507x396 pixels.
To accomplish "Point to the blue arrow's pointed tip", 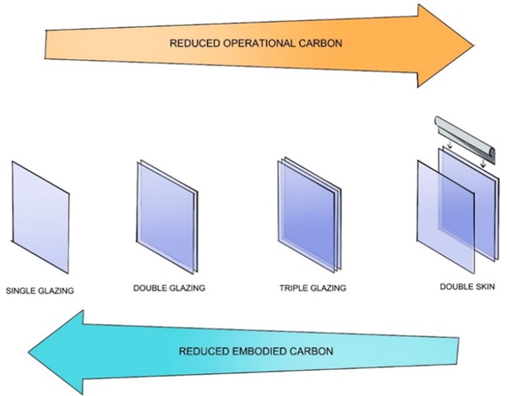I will (x=26, y=350).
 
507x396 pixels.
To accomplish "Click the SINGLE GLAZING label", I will (x=40, y=291).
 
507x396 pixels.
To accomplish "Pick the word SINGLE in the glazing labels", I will (x=23, y=291).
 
